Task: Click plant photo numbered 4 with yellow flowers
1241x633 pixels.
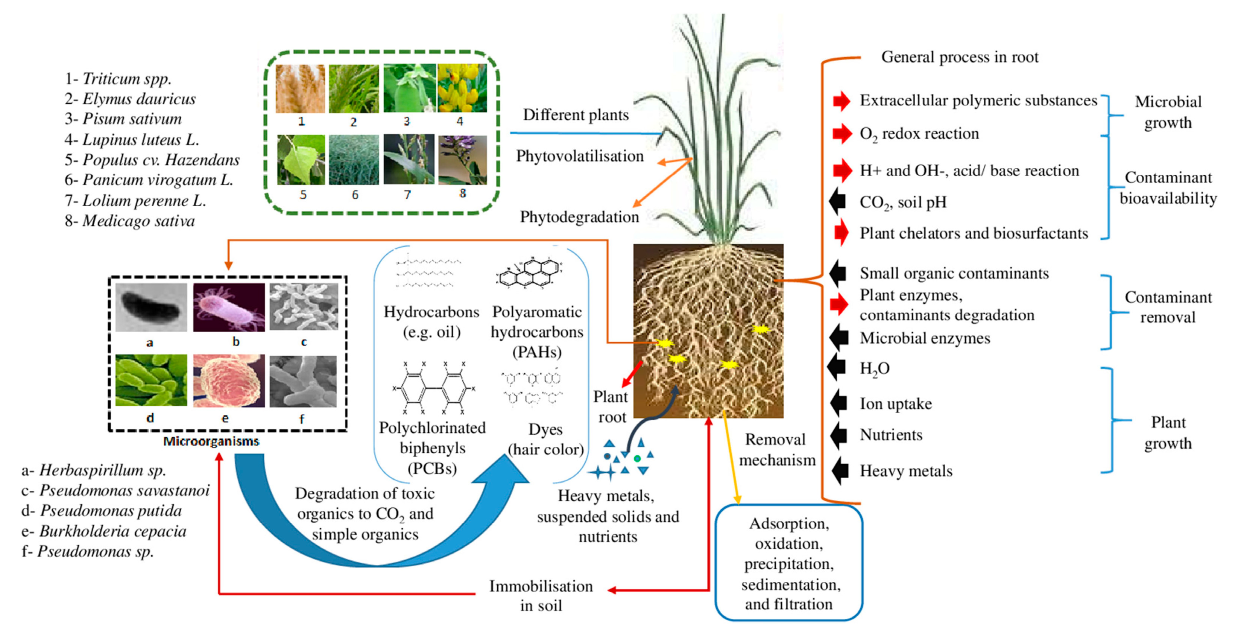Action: (x=462, y=88)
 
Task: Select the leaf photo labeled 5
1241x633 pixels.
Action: (x=301, y=160)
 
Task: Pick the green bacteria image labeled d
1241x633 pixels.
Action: (x=151, y=380)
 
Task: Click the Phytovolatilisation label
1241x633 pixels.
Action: (x=580, y=156)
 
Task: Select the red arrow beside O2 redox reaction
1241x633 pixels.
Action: (x=842, y=134)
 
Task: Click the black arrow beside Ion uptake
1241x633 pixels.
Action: (x=839, y=403)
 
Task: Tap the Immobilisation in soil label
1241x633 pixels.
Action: (x=541, y=595)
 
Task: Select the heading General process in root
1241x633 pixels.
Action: (x=959, y=57)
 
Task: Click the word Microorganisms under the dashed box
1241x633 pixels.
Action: (x=211, y=441)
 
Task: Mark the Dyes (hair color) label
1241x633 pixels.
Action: (x=545, y=439)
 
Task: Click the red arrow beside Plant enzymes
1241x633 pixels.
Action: (x=839, y=304)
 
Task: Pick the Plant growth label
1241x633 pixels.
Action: (x=1168, y=432)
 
